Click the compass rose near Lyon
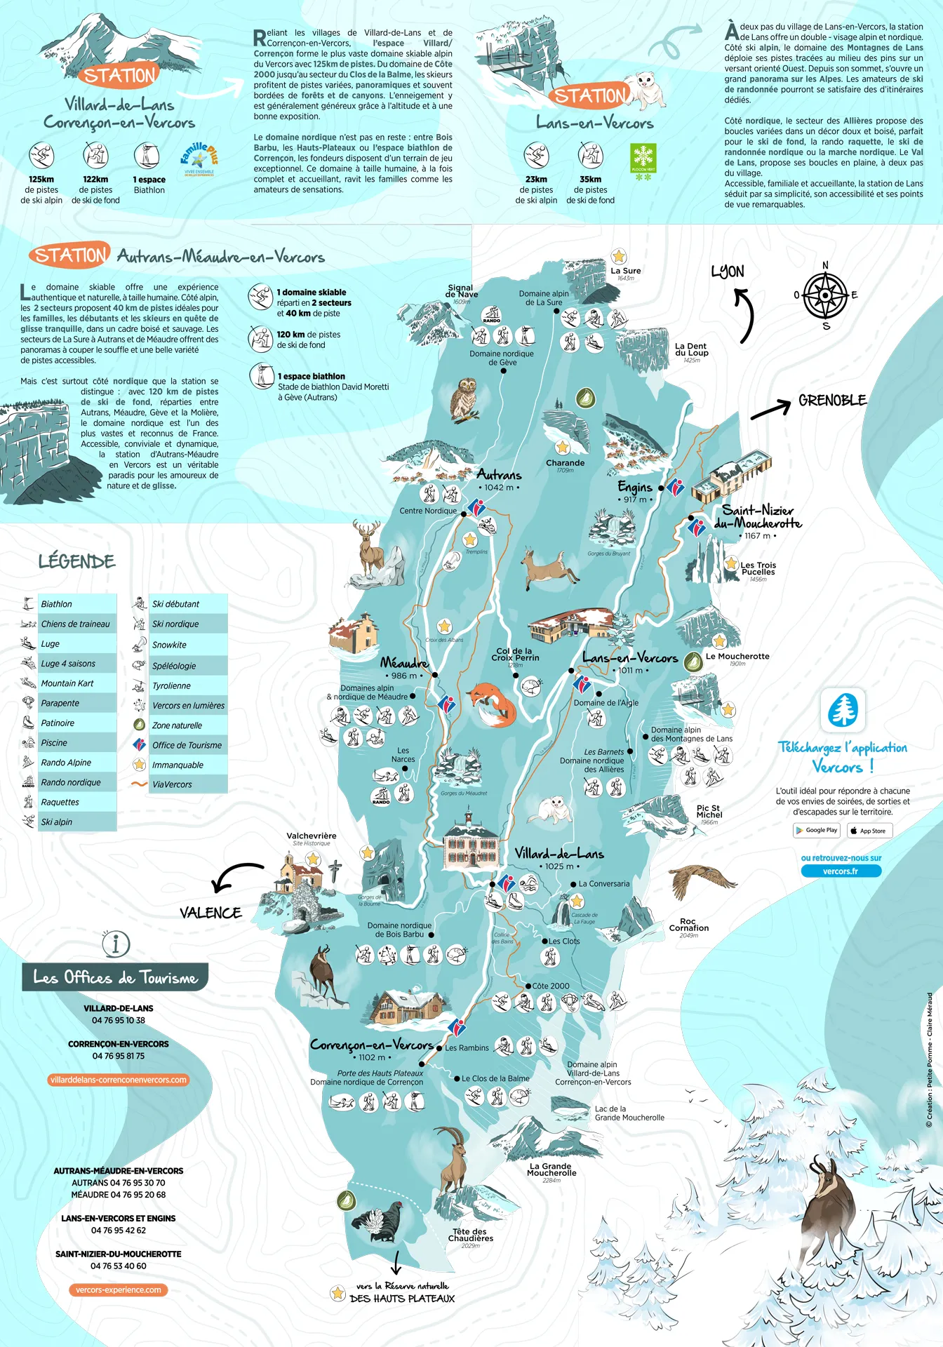tap(825, 295)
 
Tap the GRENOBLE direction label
tap(832, 401)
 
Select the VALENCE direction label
tap(210, 913)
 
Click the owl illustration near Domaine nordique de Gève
tap(464, 400)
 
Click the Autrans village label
tap(499, 475)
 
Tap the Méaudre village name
tap(404, 662)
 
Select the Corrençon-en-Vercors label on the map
tap(372, 1045)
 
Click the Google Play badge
tap(817, 831)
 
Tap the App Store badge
tap(868, 831)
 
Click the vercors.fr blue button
tap(841, 871)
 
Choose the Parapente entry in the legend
tap(60, 703)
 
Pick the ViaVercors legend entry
tap(172, 784)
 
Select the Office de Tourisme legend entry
tap(187, 745)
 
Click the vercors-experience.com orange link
tap(119, 1289)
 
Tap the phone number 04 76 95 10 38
tap(119, 1020)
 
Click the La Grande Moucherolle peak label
tap(551, 1169)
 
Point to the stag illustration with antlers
tap(370, 547)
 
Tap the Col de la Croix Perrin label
tap(515, 654)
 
